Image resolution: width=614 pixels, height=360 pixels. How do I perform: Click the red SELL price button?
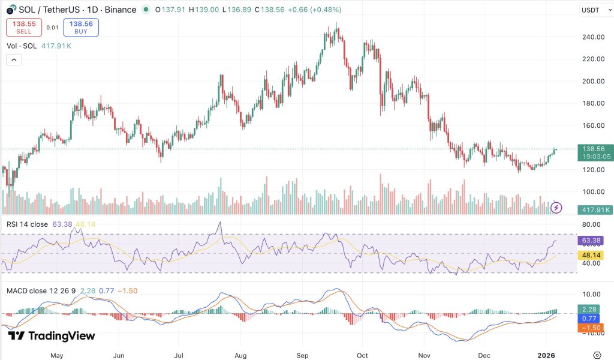(23, 28)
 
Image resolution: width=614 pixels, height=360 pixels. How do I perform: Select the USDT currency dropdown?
(594, 10)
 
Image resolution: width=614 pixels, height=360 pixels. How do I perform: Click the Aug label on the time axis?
(240, 355)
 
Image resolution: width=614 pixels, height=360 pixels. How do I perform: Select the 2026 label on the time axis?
(546, 355)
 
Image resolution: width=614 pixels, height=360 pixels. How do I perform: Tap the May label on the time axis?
(57, 355)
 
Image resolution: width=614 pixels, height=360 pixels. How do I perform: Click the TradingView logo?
(52, 336)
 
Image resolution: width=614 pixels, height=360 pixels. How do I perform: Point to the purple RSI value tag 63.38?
(591, 241)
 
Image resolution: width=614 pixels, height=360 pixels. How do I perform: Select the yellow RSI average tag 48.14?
(591, 254)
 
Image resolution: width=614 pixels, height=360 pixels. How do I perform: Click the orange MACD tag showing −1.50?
(591, 328)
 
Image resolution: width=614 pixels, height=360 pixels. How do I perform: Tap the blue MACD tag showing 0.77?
(591, 319)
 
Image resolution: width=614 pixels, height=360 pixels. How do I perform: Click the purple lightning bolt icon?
(556, 208)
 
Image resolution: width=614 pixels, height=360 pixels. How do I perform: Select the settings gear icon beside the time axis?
(597, 355)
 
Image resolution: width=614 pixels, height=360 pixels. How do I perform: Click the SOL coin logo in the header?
(11, 10)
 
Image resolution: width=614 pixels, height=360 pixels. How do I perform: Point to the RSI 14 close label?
(28, 224)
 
